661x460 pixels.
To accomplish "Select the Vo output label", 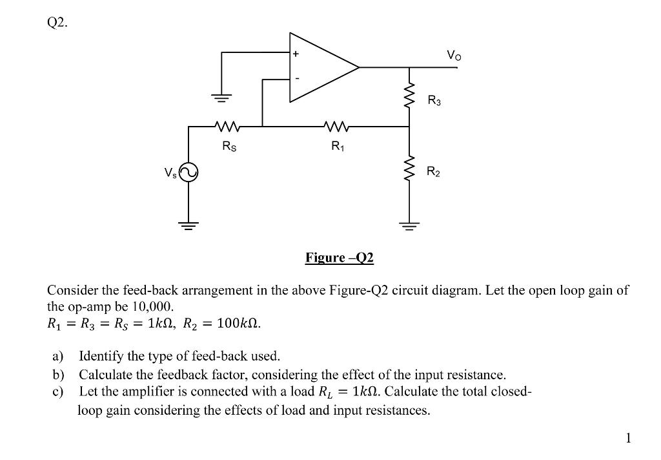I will pyautogui.click(x=454, y=56).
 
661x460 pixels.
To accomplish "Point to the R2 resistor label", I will pyautogui.click(x=434, y=172).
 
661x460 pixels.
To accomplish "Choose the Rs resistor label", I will pyautogui.click(x=229, y=147).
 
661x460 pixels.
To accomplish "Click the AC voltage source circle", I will pyautogui.click(x=188, y=172).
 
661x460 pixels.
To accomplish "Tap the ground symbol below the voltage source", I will pyautogui.click(x=188, y=227).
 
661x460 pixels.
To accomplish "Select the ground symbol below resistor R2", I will pyautogui.click(x=409, y=227).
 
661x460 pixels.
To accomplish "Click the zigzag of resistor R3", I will pyautogui.click(x=409, y=96).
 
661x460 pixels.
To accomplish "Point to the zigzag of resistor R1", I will pyautogui.click(x=336, y=126).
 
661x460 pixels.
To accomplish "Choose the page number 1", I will pyautogui.click(x=629, y=439).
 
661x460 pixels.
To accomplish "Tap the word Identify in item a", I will pyautogui.click(x=99, y=355).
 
